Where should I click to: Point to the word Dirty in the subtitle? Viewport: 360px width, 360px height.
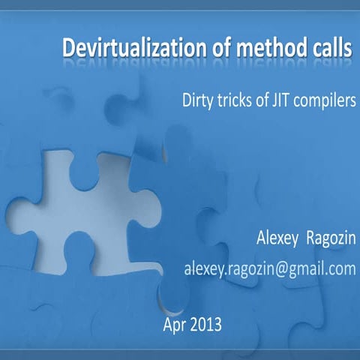(196, 100)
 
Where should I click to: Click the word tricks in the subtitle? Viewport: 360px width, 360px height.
(233, 100)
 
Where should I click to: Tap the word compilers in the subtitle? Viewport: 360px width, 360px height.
(324, 100)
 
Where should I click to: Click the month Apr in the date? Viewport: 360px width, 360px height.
(175, 325)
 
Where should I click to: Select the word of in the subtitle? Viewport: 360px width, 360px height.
(259, 100)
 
